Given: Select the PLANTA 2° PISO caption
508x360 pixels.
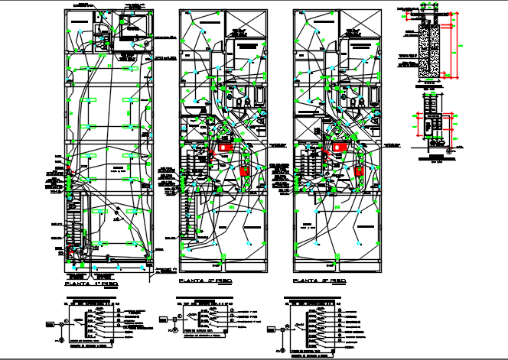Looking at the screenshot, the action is click(x=204, y=282).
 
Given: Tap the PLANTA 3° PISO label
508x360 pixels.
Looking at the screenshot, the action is click(x=320, y=282).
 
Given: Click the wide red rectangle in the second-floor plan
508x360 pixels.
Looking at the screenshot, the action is click(x=224, y=148).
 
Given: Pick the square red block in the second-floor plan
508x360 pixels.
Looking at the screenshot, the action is click(x=245, y=170).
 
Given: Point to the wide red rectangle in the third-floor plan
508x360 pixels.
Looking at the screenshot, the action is click(x=337, y=148).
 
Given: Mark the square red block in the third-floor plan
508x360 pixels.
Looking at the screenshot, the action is click(x=358, y=170).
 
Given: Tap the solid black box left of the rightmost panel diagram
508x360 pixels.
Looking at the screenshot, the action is click(x=272, y=329).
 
